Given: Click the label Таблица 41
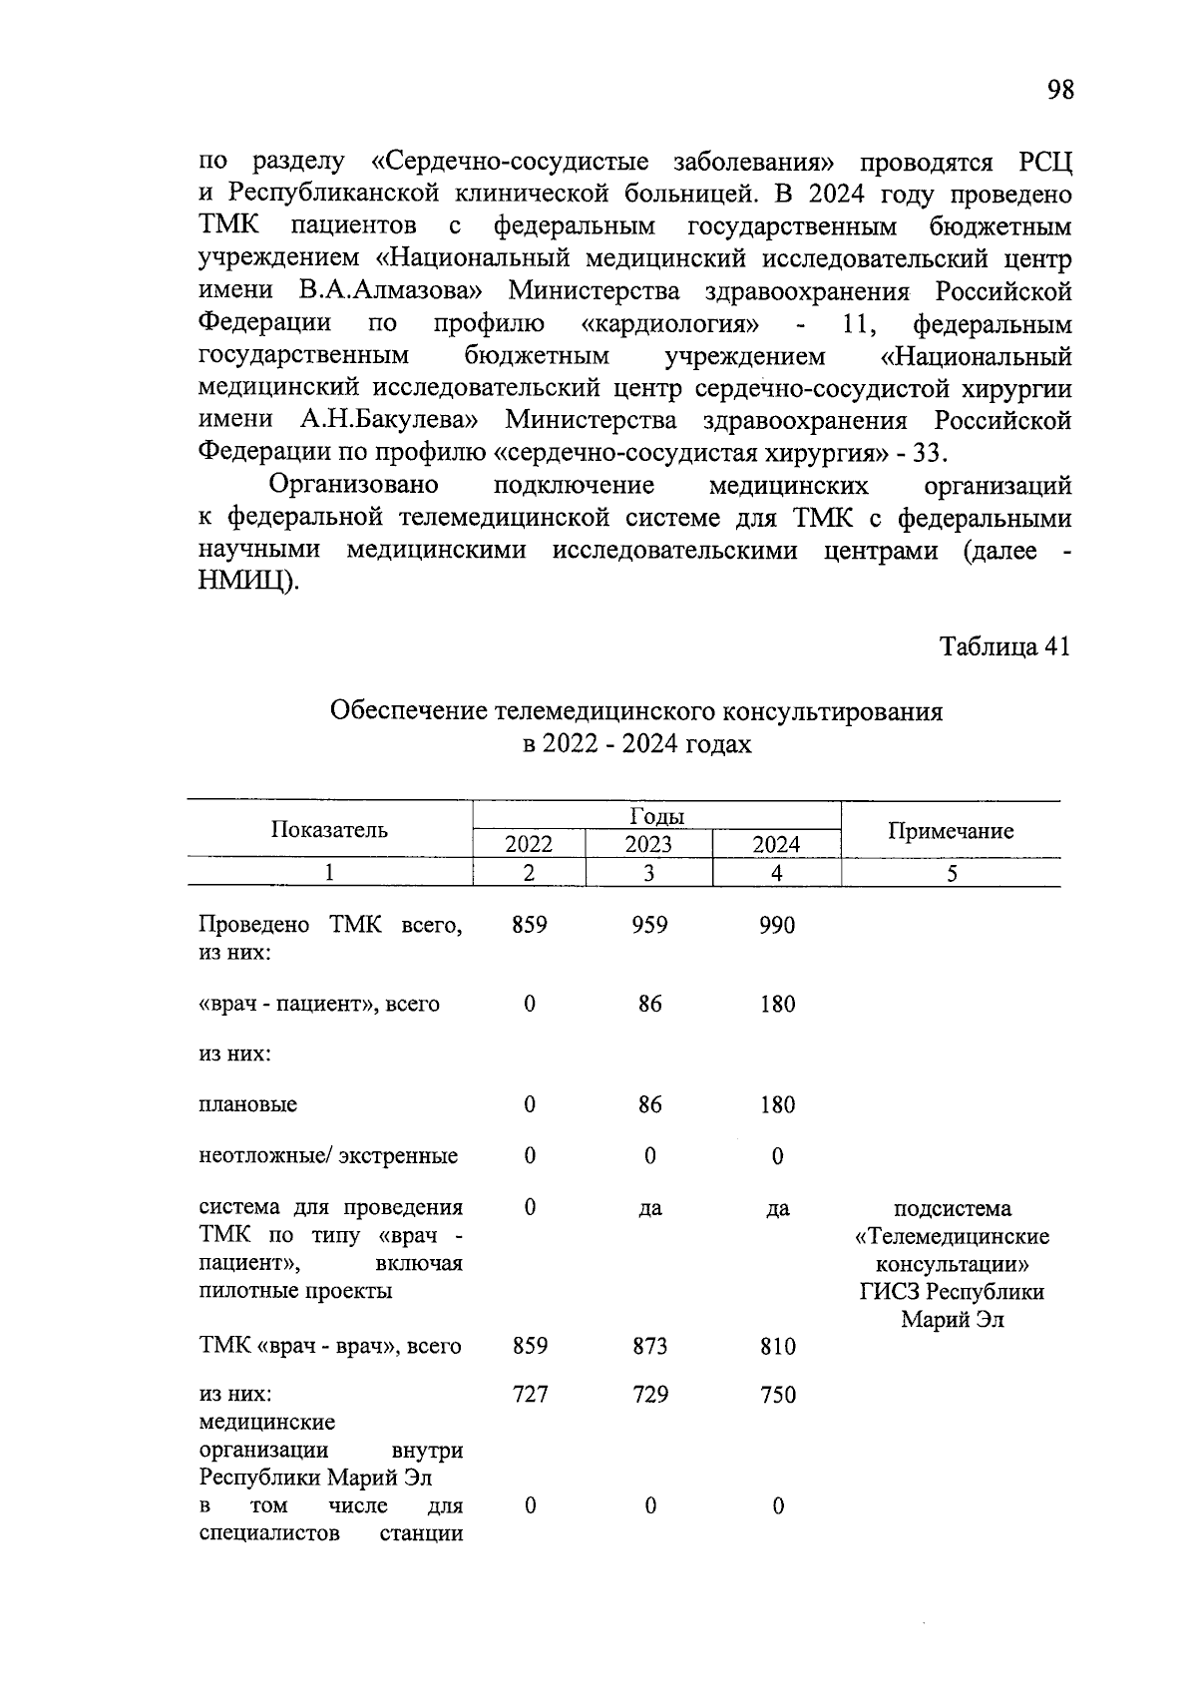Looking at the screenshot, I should (x=1005, y=646).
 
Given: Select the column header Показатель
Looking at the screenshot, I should (x=329, y=830).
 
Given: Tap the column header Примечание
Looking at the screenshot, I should (x=951, y=831).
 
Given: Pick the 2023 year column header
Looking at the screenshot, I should (x=648, y=845).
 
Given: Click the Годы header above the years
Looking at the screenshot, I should (x=656, y=816).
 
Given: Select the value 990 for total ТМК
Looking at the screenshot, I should (x=777, y=925).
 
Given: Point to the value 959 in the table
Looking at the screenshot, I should (x=649, y=925).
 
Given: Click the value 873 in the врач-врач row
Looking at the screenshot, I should (x=649, y=1346).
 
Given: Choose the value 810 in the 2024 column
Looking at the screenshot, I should (x=777, y=1346).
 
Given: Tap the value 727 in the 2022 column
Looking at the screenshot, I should (x=530, y=1394).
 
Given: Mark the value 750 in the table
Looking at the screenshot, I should (x=777, y=1394).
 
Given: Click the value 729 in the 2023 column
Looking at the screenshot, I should (x=649, y=1394).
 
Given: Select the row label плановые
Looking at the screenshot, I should (x=248, y=1104).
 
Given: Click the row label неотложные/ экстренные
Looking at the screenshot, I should (x=329, y=1156).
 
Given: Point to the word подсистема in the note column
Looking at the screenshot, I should (x=952, y=1208).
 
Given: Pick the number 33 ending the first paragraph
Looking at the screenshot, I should (x=928, y=453).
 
